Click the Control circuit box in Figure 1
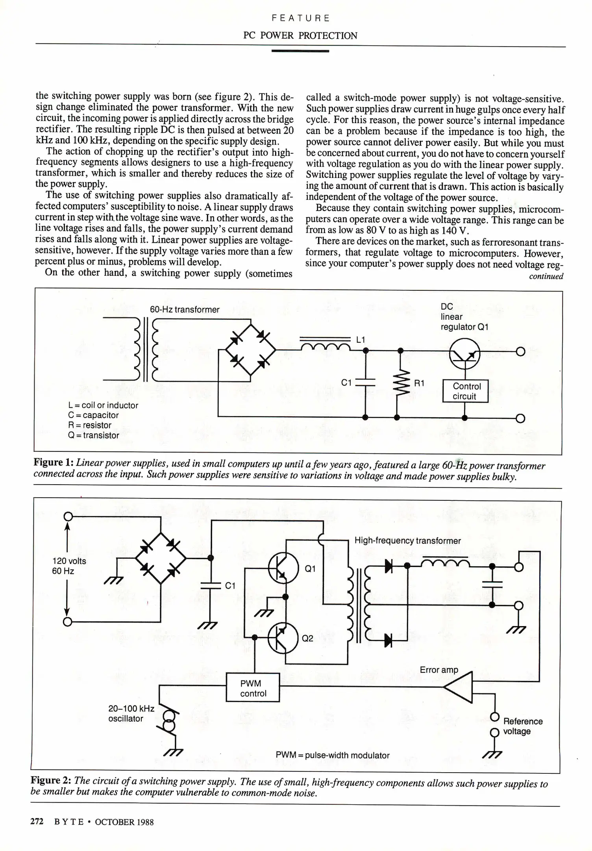click(465, 391)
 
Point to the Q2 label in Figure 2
click(308, 638)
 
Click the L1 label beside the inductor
click(361, 340)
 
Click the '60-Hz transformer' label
click(185, 310)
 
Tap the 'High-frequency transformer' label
click(407, 541)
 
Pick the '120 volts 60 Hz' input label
click(69, 566)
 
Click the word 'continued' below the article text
click(546, 276)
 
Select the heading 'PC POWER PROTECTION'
click(300, 35)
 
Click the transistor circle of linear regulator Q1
click(464, 354)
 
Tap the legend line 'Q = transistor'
click(94, 435)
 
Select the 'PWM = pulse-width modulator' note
click(333, 755)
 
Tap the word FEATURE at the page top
click(301, 18)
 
